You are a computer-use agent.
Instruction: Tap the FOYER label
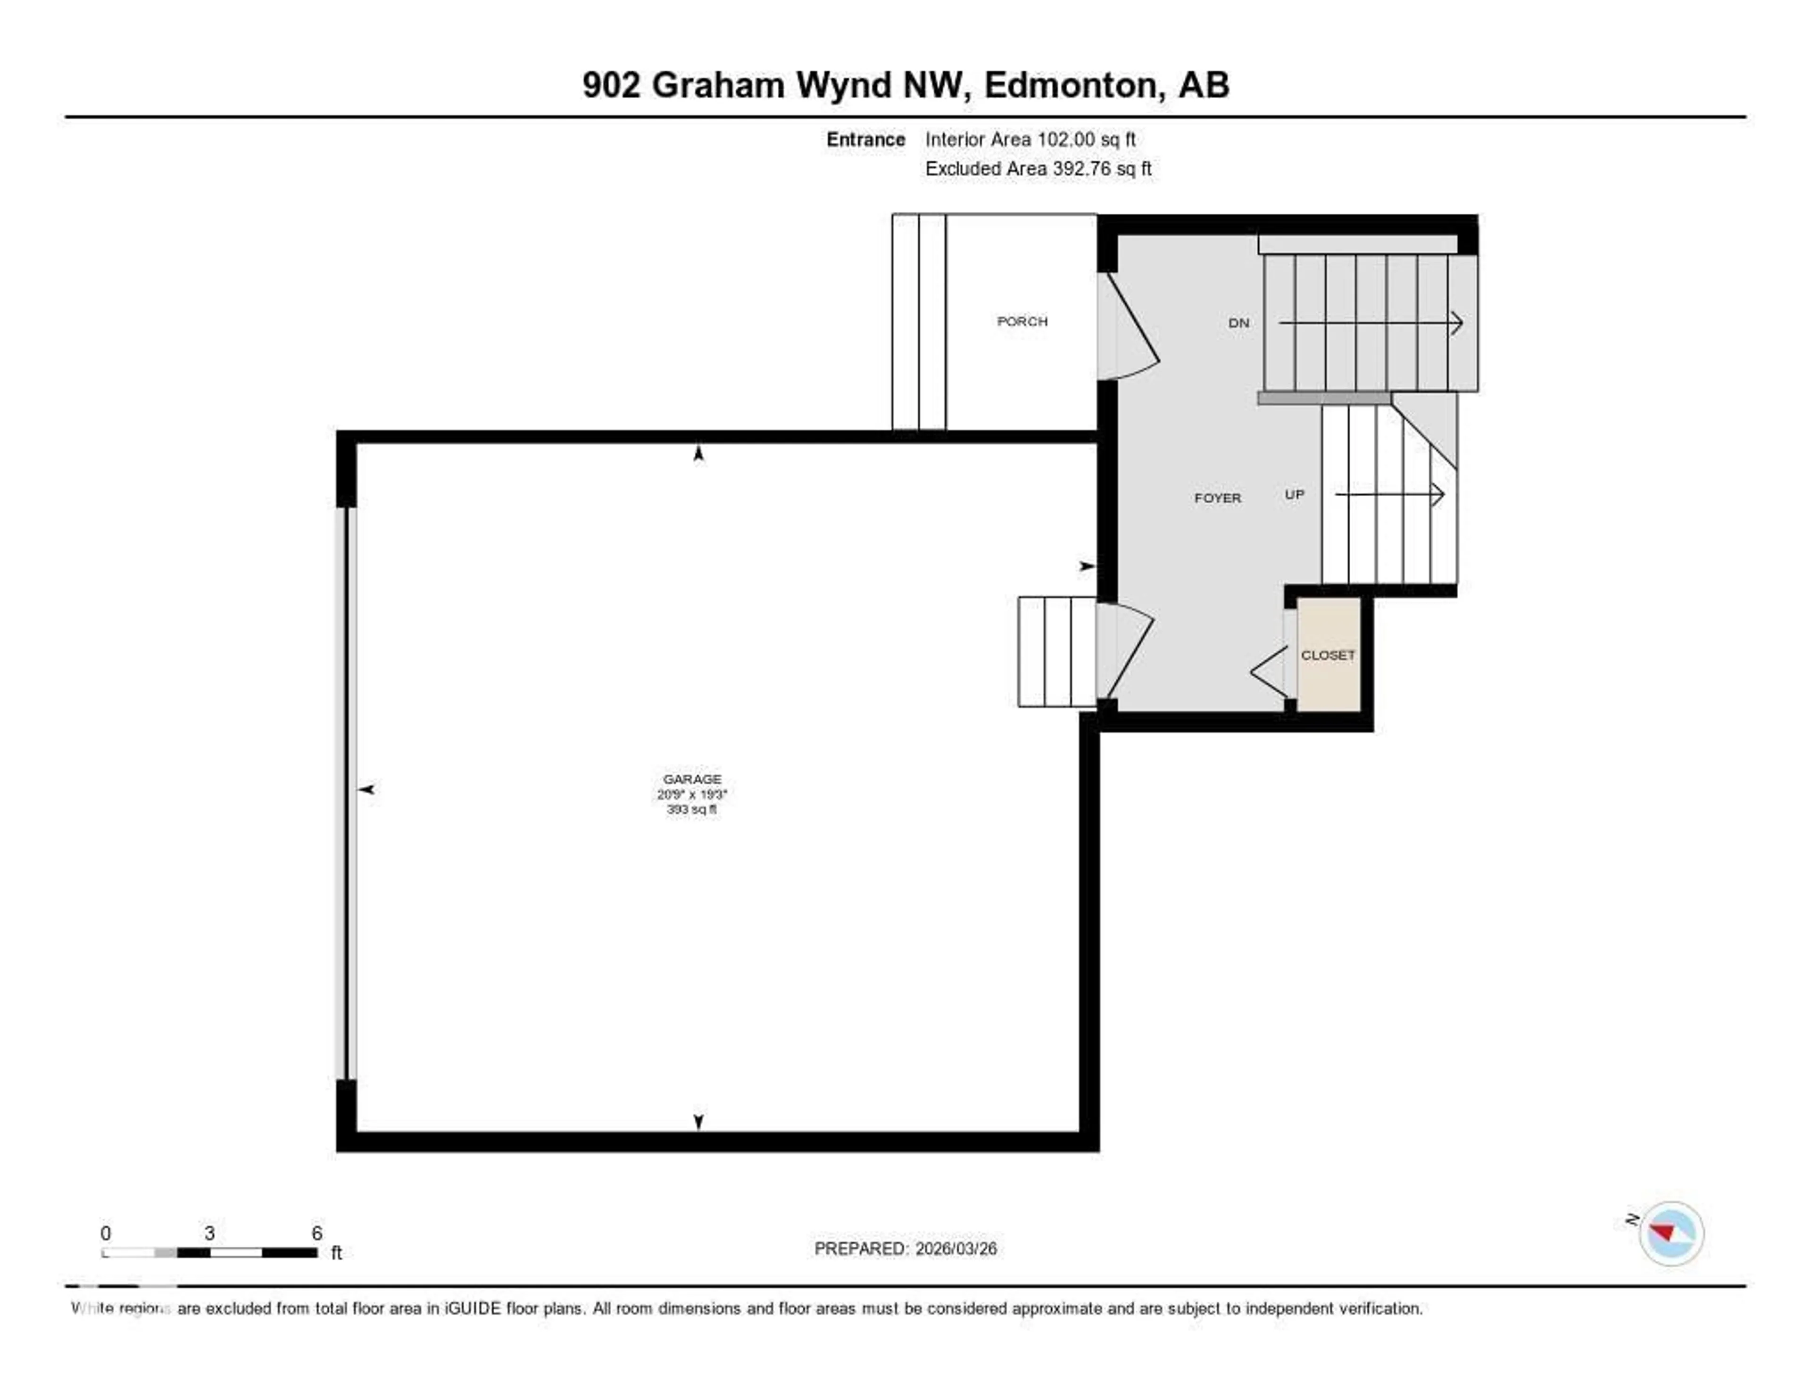tap(1217, 498)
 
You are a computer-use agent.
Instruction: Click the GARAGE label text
tap(691, 779)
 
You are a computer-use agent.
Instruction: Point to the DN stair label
tap(1238, 323)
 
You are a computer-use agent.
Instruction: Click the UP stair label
tap(1294, 494)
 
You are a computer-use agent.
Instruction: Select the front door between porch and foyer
tap(1128, 327)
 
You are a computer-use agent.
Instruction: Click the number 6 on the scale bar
tap(317, 1233)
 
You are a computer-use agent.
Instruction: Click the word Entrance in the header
tap(865, 139)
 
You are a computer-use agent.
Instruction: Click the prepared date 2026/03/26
tap(955, 1248)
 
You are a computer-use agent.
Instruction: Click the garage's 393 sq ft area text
tap(691, 808)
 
